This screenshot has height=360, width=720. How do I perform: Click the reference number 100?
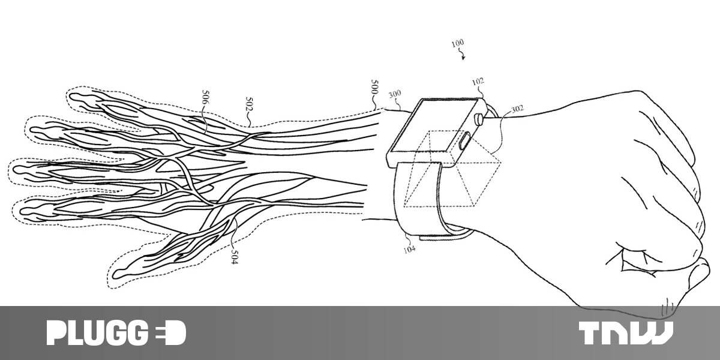pos(457,43)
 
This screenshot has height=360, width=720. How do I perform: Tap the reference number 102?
pos(478,82)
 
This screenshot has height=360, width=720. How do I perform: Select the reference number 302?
pos(517,109)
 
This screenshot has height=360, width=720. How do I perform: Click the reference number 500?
pos(374,87)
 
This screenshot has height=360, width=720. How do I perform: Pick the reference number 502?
pos(250,104)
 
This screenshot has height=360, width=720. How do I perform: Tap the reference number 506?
pos(205,97)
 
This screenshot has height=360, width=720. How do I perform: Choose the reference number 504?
pos(235,257)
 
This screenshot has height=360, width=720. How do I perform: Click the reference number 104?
pos(409,248)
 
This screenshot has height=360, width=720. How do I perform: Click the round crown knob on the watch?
pos(479,118)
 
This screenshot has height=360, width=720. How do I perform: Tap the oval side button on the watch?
pos(464,142)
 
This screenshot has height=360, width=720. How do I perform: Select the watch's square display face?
pos(433,127)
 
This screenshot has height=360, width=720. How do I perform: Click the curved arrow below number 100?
pos(462,55)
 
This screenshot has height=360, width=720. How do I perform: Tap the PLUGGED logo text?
pos(116,332)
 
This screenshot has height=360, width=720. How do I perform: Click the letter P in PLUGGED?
pos(56,333)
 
